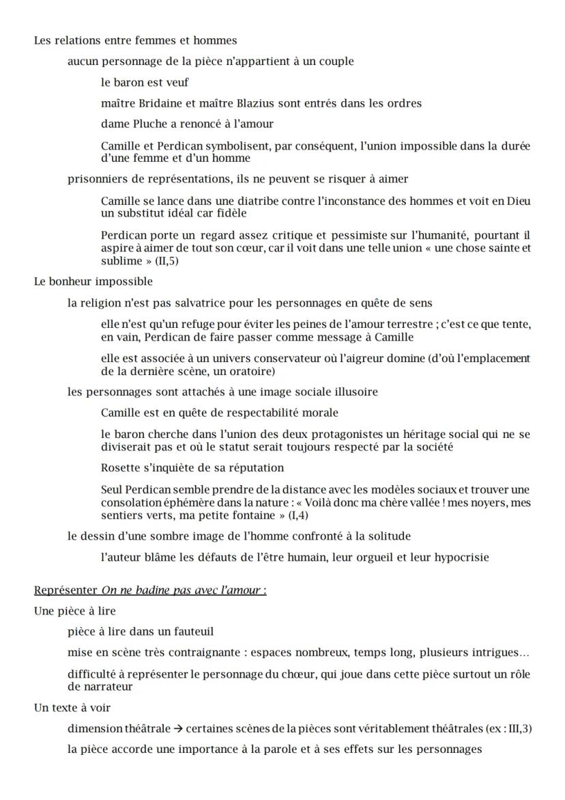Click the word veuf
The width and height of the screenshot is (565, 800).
pos(177,83)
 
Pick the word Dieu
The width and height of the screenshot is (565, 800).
pos(519,201)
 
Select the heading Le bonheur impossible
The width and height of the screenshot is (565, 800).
pos(93,281)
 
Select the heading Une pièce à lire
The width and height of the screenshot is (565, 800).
pos(75,611)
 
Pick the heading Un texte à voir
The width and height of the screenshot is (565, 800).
pos(72,708)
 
